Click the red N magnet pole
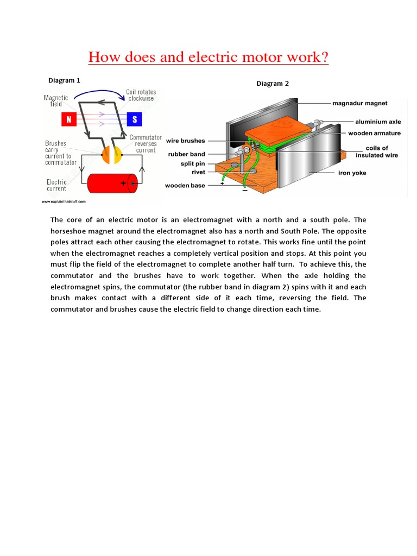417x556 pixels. click(x=69, y=119)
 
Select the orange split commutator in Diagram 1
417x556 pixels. click(x=107, y=155)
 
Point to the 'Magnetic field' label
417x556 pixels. click(x=56, y=100)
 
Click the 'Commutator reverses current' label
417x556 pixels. click(x=146, y=144)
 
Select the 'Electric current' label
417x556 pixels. click(x=56, y=185)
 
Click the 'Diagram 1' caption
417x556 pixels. click(x=64, y=80)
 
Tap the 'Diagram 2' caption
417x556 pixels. click(x=273, y=84)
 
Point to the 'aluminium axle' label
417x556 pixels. click(x=378, y=122)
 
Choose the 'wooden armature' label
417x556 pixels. click(x=374, y=133)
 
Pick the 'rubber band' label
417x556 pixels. click(x=186, y=154)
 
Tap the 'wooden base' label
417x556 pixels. click(x=185, y=186)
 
